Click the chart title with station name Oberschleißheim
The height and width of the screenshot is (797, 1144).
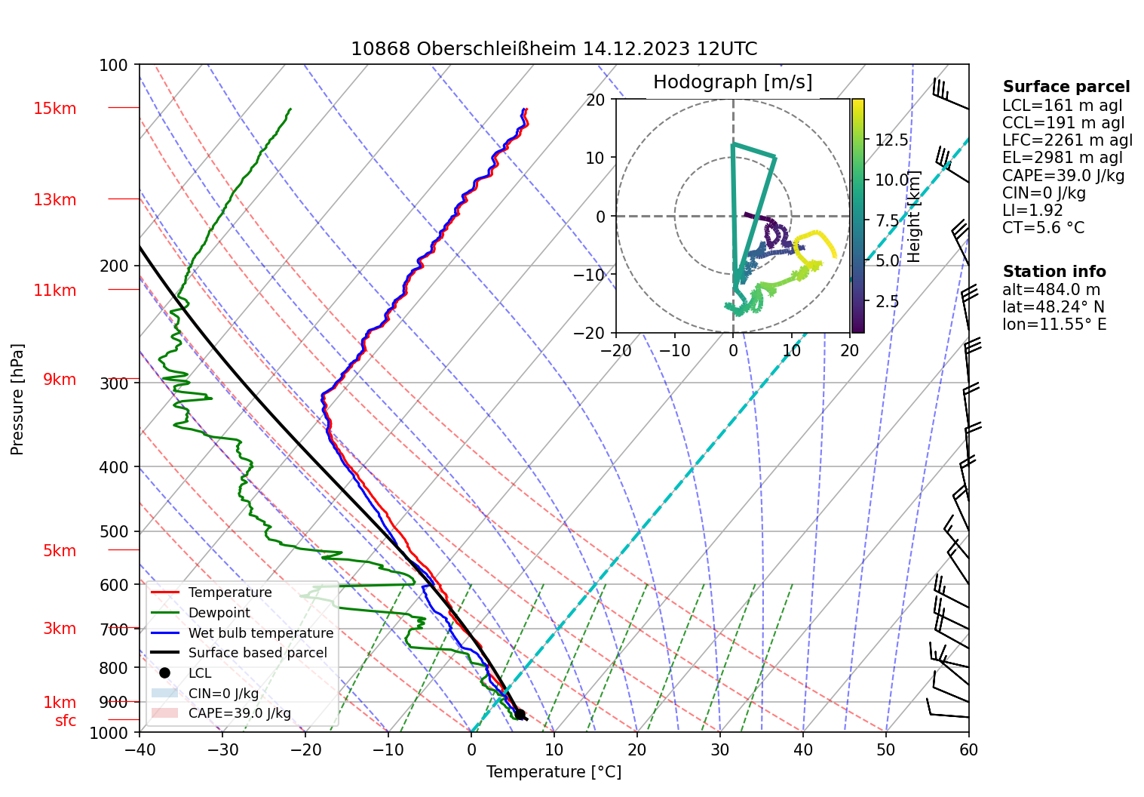coord(554,49)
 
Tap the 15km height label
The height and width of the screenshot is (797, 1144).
coord(54,109)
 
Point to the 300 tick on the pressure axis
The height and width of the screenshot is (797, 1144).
coord(114,383)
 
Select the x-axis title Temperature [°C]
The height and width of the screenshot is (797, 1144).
coord(554,772)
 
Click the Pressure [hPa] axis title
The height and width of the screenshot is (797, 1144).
coord(17,399)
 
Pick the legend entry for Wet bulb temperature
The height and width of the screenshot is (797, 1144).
coord(260,633)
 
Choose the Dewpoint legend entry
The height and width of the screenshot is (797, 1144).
coord(219,613)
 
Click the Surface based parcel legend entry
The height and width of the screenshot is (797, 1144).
coord(257,653)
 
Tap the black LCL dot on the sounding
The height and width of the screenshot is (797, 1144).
coord(520,714)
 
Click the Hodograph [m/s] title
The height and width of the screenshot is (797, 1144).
coord(732,82)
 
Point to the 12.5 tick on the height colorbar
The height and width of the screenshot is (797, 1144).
coord(891,140)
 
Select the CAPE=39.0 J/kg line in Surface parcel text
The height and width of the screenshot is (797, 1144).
coord(1063,176)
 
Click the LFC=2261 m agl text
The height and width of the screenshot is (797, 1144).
coord(1067,140)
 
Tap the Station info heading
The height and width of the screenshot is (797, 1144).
coord(1054,272)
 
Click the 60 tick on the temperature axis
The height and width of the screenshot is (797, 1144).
coord(968,750)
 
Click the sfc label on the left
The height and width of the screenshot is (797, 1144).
coord(66,721)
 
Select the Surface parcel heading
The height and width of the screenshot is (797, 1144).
coord(1066,87)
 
